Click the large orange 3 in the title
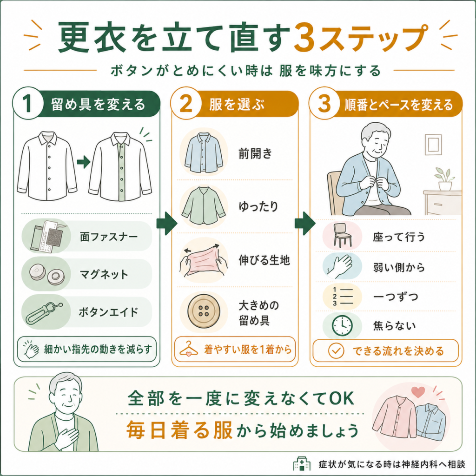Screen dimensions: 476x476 click(306, 37)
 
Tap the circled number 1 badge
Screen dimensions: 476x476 click(28, 103)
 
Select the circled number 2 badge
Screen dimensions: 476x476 click(186, 103)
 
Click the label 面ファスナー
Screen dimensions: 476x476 click(109, 237)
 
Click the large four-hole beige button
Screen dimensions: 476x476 click(203, 312)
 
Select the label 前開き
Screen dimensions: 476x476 click(255, 153)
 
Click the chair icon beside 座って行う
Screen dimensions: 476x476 click(343, 235)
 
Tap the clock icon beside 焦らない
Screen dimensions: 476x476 click(342, 326)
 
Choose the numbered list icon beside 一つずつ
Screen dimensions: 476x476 click(343, 296)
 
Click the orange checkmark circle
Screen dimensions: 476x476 click(336, 351)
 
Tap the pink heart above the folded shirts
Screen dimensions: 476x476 click(418, 392)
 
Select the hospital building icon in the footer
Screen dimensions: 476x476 click(302, 463)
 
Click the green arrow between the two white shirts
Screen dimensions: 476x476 click(84, 162)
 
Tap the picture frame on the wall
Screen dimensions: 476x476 click(433, 145)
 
